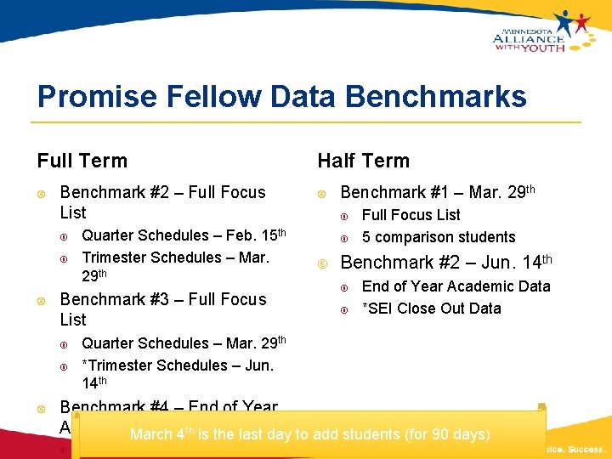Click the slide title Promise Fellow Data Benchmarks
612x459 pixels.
[x=281, y=96]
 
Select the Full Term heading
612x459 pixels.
[x=82, y=161]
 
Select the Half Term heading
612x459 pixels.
[x=363, y=161]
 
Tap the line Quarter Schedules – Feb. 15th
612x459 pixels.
[x=184, y=235]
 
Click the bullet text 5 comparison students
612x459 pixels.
[x=439, y=237]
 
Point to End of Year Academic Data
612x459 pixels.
[x=456, y=286]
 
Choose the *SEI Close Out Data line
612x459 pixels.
[x=431, y=309]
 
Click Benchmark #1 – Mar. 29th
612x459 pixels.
[x=438, y=193]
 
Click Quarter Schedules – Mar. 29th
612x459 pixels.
[x=184, y=343]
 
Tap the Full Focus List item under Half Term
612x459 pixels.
[x=411, y=215]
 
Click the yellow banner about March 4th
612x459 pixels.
[x=309, y=434]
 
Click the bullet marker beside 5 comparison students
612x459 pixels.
[x=346, y=238]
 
